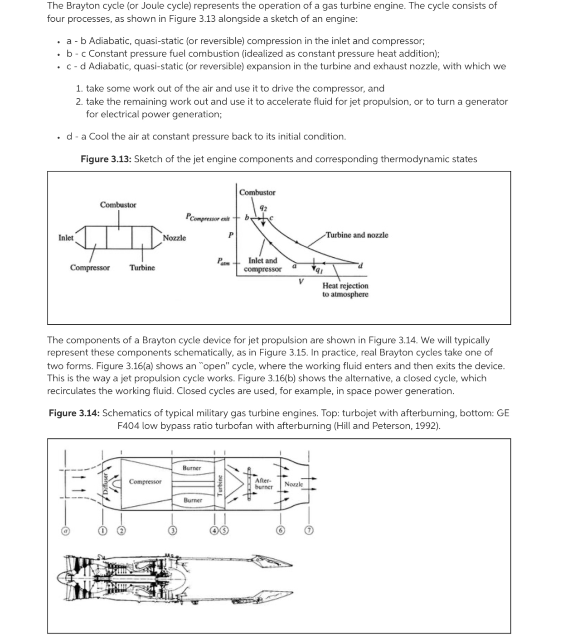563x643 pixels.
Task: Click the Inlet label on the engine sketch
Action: point(66,238)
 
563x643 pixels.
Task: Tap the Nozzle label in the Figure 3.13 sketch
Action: point(174,238)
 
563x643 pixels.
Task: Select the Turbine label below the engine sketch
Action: point(142,268)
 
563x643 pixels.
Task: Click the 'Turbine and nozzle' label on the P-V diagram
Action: point(357,235)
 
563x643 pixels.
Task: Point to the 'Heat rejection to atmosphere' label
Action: point(345,290)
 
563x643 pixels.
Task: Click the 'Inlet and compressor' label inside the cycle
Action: point(262,265)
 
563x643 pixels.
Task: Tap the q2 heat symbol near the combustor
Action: point(263,208)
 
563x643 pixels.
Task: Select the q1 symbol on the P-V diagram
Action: point(319,271)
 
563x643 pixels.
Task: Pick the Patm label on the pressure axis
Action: point(223,262)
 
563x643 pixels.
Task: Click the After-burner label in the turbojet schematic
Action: point(263,484)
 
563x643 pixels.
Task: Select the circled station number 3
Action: point(172,530)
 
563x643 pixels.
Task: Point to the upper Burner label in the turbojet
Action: point(192,468)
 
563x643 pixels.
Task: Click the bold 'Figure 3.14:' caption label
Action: point(74,413)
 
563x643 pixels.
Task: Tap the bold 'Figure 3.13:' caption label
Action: point(106,159)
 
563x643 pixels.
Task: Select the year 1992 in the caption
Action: point(426,426)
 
